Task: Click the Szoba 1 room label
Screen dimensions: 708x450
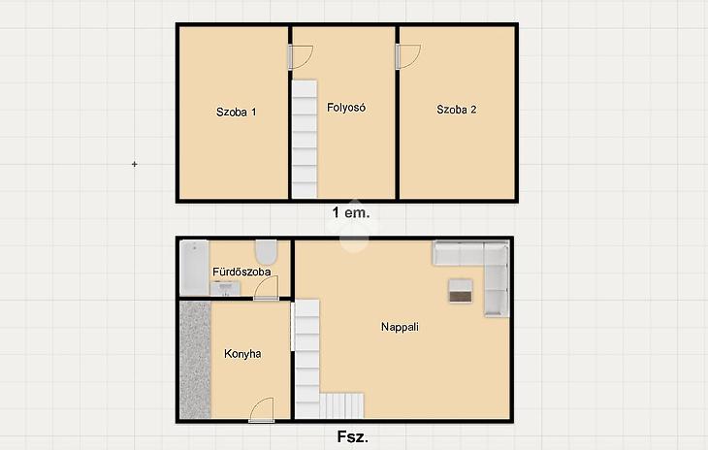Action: (236, 112)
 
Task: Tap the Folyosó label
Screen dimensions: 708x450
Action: (346, 108)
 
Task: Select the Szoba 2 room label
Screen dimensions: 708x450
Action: (457, 110)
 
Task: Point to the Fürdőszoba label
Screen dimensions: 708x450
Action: (241, 272)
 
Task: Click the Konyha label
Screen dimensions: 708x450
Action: (242, 353)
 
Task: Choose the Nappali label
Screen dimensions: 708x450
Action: (400, 327)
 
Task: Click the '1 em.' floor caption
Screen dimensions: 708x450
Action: (351, 212)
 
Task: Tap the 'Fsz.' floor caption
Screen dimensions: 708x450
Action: (353, 437)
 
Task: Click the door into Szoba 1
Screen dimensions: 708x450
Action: (301, 57)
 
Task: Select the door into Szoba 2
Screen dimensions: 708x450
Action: (408, 56)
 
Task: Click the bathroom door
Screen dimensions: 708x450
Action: (266, 288)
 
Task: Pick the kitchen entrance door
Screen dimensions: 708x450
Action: (262, 410)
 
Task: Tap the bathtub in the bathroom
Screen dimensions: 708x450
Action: (194, 268)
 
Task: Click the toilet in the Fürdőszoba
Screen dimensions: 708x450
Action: (266, 252)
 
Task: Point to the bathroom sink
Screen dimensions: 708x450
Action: (225, 288)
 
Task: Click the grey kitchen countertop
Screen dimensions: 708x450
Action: (195, 360)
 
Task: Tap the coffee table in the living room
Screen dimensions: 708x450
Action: (461, 291)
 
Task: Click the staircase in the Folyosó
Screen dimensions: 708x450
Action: (305, 139)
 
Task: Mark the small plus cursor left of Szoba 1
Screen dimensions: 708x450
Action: (134, 164)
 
